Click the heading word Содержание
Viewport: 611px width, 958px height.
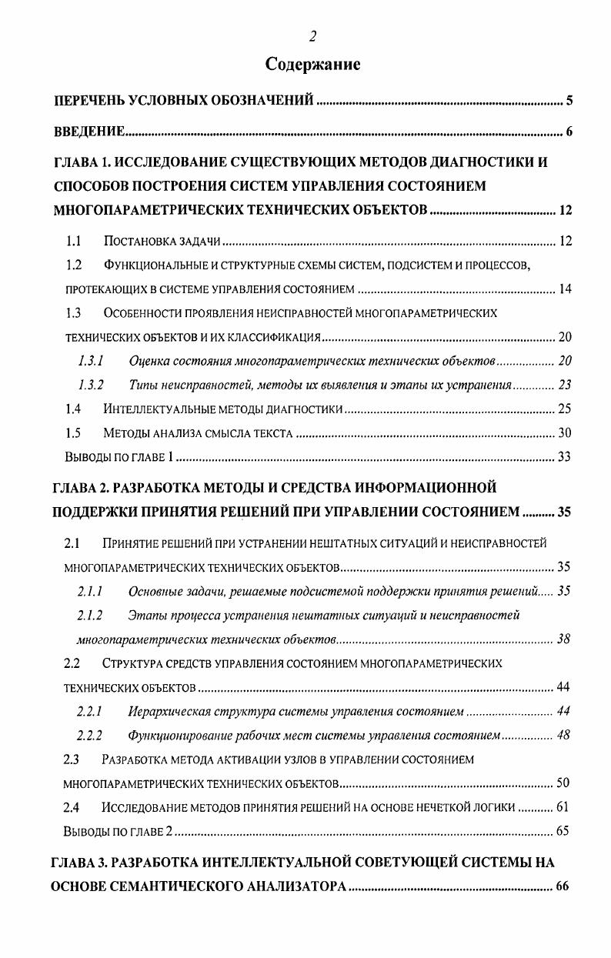point(312,64)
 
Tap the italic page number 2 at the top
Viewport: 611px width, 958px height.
point(312,35)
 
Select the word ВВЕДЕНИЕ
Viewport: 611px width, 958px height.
point(88,132)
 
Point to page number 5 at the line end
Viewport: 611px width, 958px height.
point(569,101)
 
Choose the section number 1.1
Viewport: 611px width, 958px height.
point(74,242)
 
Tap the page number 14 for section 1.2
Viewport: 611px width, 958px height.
point(565,290)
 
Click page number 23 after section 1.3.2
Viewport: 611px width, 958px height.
point(565,385)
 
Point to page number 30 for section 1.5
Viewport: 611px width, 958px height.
point(565,433)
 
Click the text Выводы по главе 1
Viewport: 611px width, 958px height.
point(119,457)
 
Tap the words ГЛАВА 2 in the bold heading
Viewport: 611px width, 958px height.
point(79,488)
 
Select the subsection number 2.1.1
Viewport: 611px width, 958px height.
point(90,592)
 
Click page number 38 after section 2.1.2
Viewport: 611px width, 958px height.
point(563,639)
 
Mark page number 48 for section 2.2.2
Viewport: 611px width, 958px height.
point(563,735)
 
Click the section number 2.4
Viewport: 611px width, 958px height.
point(72,807)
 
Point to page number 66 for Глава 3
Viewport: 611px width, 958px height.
point(562,886)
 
